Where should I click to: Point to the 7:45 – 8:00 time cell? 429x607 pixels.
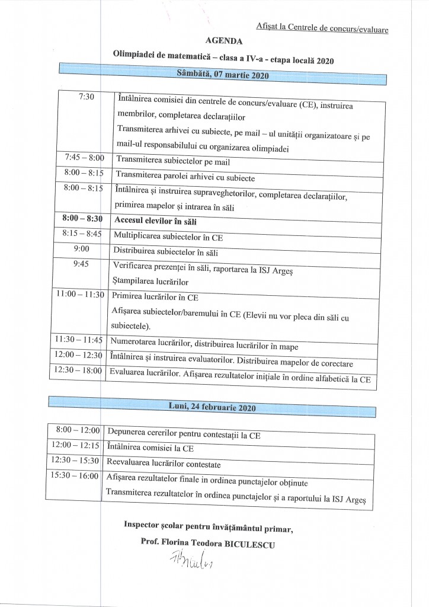(84, 158)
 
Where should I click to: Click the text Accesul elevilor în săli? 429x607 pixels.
(155, 221)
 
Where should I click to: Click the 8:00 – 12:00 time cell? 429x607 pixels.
(77, 429)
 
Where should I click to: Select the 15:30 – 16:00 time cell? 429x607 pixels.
(75, 476)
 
